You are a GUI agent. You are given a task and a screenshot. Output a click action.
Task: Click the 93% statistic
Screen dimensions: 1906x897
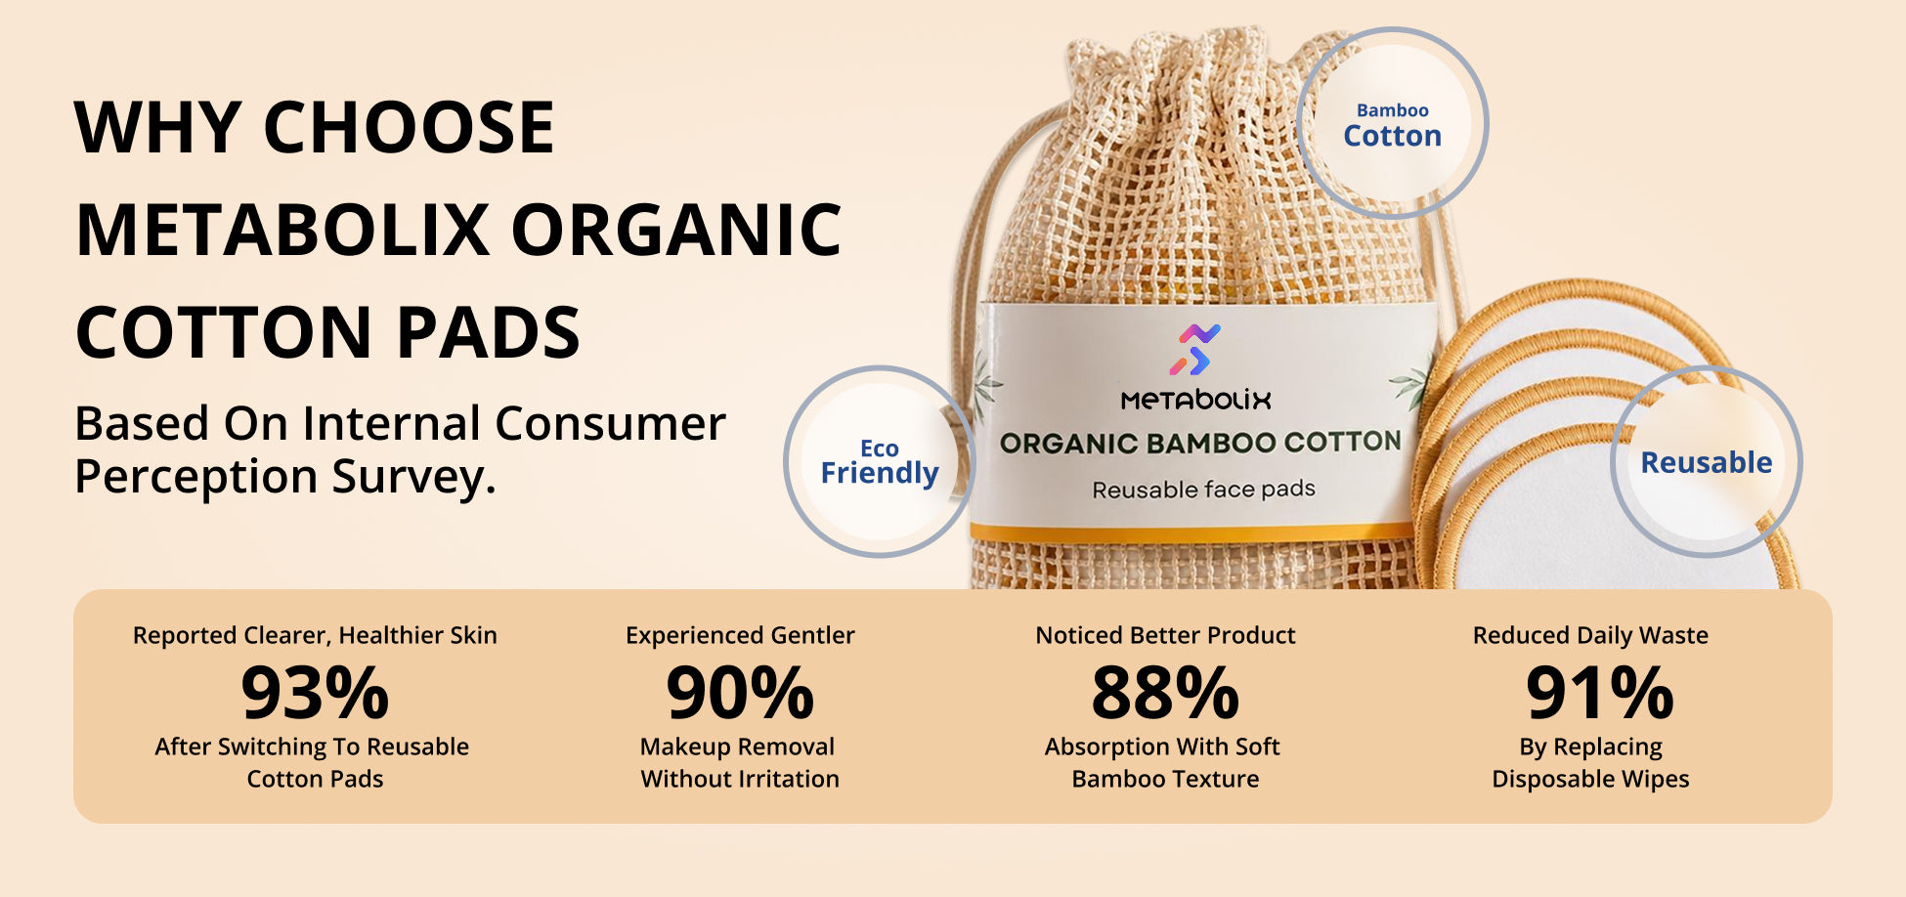tap(315, 693)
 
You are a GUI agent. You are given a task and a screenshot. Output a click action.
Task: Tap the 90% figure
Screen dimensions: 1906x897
tap(740, 693)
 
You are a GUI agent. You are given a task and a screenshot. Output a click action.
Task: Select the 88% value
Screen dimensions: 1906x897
tap(1165, 693)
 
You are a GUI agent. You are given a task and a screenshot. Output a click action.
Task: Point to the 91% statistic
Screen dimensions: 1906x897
tap(1600, 693)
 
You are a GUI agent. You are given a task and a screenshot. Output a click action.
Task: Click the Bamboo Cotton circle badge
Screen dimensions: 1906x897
tap(1392, 123)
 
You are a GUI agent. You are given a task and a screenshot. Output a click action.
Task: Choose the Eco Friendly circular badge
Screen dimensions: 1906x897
tap(879, 461)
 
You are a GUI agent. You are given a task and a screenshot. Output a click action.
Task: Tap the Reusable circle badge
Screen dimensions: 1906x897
tap(1706, 461)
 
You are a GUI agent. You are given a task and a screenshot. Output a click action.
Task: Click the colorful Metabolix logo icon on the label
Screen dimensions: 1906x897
tap(1194, 350)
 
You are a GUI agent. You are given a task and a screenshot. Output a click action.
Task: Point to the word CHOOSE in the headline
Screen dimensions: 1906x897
tap(409, 128)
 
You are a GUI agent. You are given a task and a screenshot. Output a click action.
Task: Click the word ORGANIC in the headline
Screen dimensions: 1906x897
tap(675, 231)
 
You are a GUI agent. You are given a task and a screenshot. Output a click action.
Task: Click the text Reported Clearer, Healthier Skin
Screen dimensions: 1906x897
tap(315, 636)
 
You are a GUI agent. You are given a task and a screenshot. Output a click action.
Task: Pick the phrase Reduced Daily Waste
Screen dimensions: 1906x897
tap(1590, 635)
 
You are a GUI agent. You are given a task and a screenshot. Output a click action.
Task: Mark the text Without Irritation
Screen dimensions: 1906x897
tap(740, 779)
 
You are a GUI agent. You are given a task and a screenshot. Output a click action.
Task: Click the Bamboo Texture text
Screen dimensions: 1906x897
tap(1165, 779)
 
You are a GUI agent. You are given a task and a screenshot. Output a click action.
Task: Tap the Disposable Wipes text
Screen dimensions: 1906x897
tap(1590, 780)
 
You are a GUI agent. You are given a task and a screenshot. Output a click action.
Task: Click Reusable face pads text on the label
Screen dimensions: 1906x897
tap(1203, 490)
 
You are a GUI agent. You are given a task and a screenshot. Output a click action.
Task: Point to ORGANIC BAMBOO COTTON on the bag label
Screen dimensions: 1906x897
tap(1200, 443)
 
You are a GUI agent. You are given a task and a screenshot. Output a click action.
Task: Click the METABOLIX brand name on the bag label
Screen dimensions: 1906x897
tap(1195, 400)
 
